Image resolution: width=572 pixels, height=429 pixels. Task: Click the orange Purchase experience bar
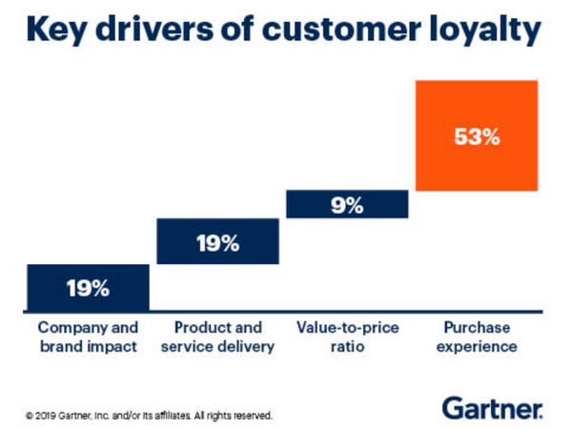pyautogui.click(x=477, y=134)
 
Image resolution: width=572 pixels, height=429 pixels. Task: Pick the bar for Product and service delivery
pyautogui.click(x=217, y=241)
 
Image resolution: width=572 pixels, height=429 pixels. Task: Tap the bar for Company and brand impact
pyautogui.click(x=88, y=286)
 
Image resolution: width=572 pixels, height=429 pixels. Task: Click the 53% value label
pyautogui.click(x=477, y=136)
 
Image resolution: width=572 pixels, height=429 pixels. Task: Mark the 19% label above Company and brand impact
pyautogui.click(x=88, y=287)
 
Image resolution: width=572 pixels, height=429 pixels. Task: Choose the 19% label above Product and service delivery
pyautogui.click(x=217, y=242)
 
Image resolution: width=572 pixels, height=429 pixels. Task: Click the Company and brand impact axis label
pyautogui.click(x=88, y=337)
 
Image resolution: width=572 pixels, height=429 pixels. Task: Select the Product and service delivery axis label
pyautogui.click(x=217, y=337)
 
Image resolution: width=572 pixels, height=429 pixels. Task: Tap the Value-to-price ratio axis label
pyautogui.click(x=348, y=337)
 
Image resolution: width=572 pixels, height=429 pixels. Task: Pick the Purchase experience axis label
pyautogui.click(x=477, y=337)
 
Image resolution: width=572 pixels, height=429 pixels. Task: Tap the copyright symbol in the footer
pyautogui.click(x=30, y=416)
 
